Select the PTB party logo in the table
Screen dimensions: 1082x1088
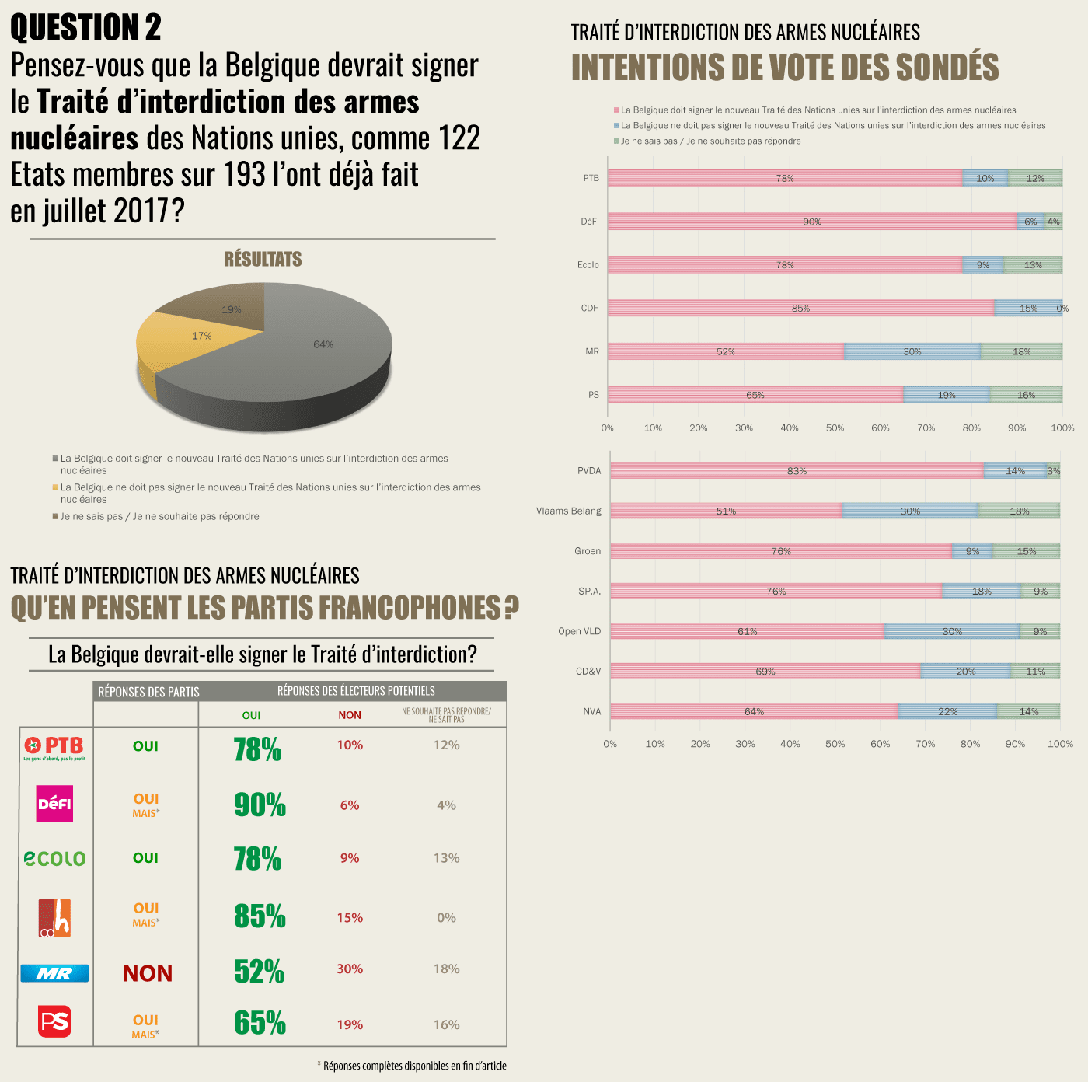pos(54,748)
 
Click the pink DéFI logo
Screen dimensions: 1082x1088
pos(55,803)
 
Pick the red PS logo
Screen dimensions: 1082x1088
pos(54,1021)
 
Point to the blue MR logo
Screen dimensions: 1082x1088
pos(54,973)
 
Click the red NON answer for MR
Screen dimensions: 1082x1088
pos(148,973)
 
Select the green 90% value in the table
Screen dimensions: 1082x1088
pos(260,805)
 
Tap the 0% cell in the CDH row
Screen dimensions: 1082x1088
pos(446,918)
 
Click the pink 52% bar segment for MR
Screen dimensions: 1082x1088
pos(725,351)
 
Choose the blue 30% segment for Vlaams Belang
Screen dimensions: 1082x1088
pos(910,511)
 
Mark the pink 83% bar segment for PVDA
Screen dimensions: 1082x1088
pos(797,470)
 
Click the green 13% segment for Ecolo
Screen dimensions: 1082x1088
pos(1033,265)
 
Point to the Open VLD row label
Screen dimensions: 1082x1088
pos(579,631)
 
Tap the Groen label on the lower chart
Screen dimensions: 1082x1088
pos(588,551)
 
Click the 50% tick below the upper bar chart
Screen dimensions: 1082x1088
pos(835,428)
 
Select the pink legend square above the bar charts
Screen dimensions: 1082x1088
pos(615,110)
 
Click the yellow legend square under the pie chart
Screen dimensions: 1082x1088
pos(55,487)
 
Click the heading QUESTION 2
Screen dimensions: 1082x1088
pos(85,28)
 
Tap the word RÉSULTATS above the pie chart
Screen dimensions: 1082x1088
pos(263,259)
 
